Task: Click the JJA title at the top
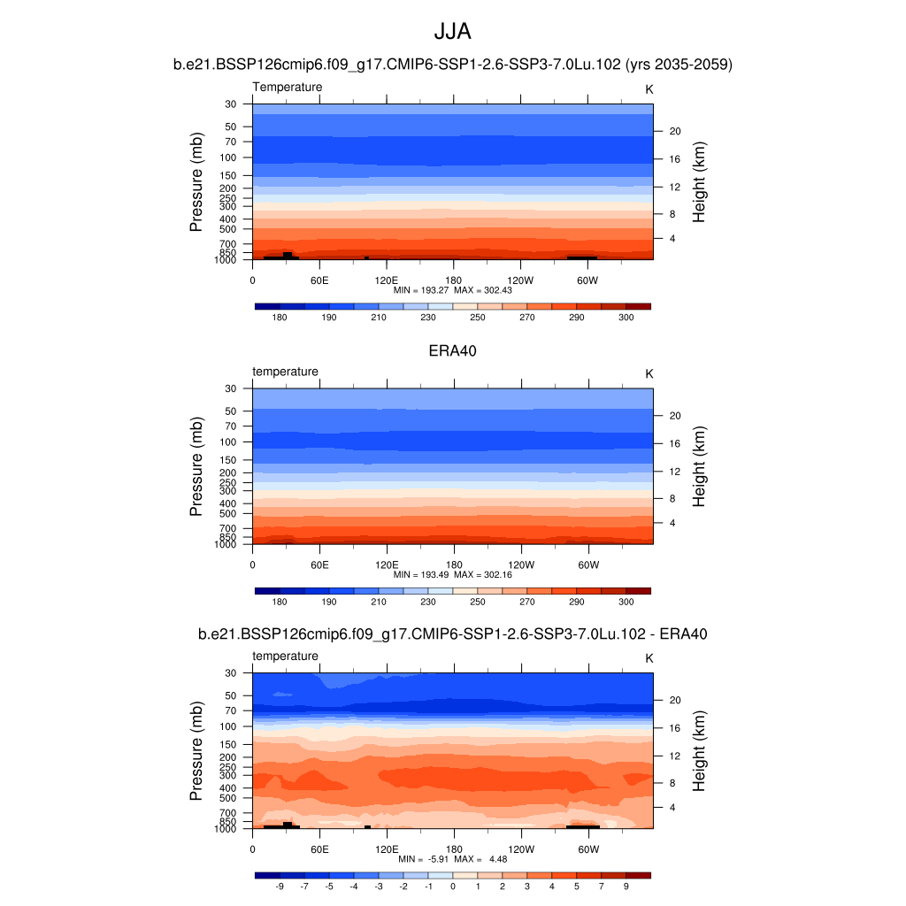[x=452, y=32]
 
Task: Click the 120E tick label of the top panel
[x=387, y=280]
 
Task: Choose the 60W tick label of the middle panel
[x=588, y=564]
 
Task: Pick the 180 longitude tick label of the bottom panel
[x=453, y=848]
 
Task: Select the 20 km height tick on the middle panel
[x=672, y=416]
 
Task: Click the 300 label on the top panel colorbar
[x=626, y=317]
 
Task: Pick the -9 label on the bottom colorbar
[x=280, y=886]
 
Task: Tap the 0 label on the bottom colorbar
[x=452, y=886]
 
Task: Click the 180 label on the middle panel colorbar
[x=280, y=602]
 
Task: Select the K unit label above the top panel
[x=649, y=89]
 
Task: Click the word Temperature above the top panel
[x=288, y=87]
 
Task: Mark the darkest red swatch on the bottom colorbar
[x=638, y=875]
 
